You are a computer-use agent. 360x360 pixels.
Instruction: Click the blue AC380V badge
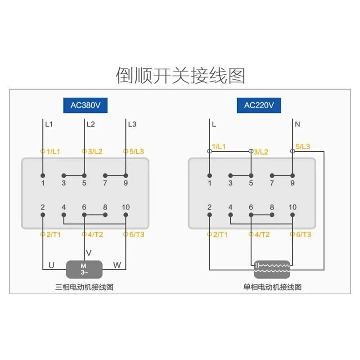pyautogui.click(x=85, y=105)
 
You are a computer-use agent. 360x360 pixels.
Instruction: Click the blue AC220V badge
pyautogui.click(x=259, y=105)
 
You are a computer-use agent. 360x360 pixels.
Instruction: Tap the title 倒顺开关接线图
pyautogui.click(x=180, y=75)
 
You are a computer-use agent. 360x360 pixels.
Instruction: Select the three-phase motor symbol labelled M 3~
pyautogui.click(x=84, y=269)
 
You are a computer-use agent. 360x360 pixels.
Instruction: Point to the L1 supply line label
pyautogui.click(x=49, y=124)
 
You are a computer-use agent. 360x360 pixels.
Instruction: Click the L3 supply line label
pyautogui.click(x=132, y=124)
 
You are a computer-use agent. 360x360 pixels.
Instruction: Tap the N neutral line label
pyautogui.click(x=297, y=124)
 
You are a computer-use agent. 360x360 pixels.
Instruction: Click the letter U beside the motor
pyautogui.click(x=51, y=265)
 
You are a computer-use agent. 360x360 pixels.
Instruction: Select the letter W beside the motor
pyautogui.click(x=117, y=265)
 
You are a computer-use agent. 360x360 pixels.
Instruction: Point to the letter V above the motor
pyautogui.click(x=89, y=252)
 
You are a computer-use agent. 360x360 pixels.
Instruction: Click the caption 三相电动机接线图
pyautogui.click(x=84, y=287)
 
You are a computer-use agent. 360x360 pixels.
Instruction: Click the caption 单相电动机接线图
pyautogui.click(x=272, y=287)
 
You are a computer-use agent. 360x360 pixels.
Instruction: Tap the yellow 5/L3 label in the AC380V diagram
pyautogui.click(x=135, y=152)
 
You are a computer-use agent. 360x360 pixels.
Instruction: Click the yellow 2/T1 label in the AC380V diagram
pyautogui.click(x=52, y=234)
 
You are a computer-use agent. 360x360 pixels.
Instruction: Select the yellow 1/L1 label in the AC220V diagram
pyautogui.click(x=219, y=147)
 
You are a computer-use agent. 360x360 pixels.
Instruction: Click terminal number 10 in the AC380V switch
pyautogui.click(x=126, y=207)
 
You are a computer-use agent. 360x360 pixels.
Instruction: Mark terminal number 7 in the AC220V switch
pyautogui.click(x=272, y=183)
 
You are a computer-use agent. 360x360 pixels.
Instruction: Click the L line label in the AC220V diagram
pyautogui.click(x=214, y=124)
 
